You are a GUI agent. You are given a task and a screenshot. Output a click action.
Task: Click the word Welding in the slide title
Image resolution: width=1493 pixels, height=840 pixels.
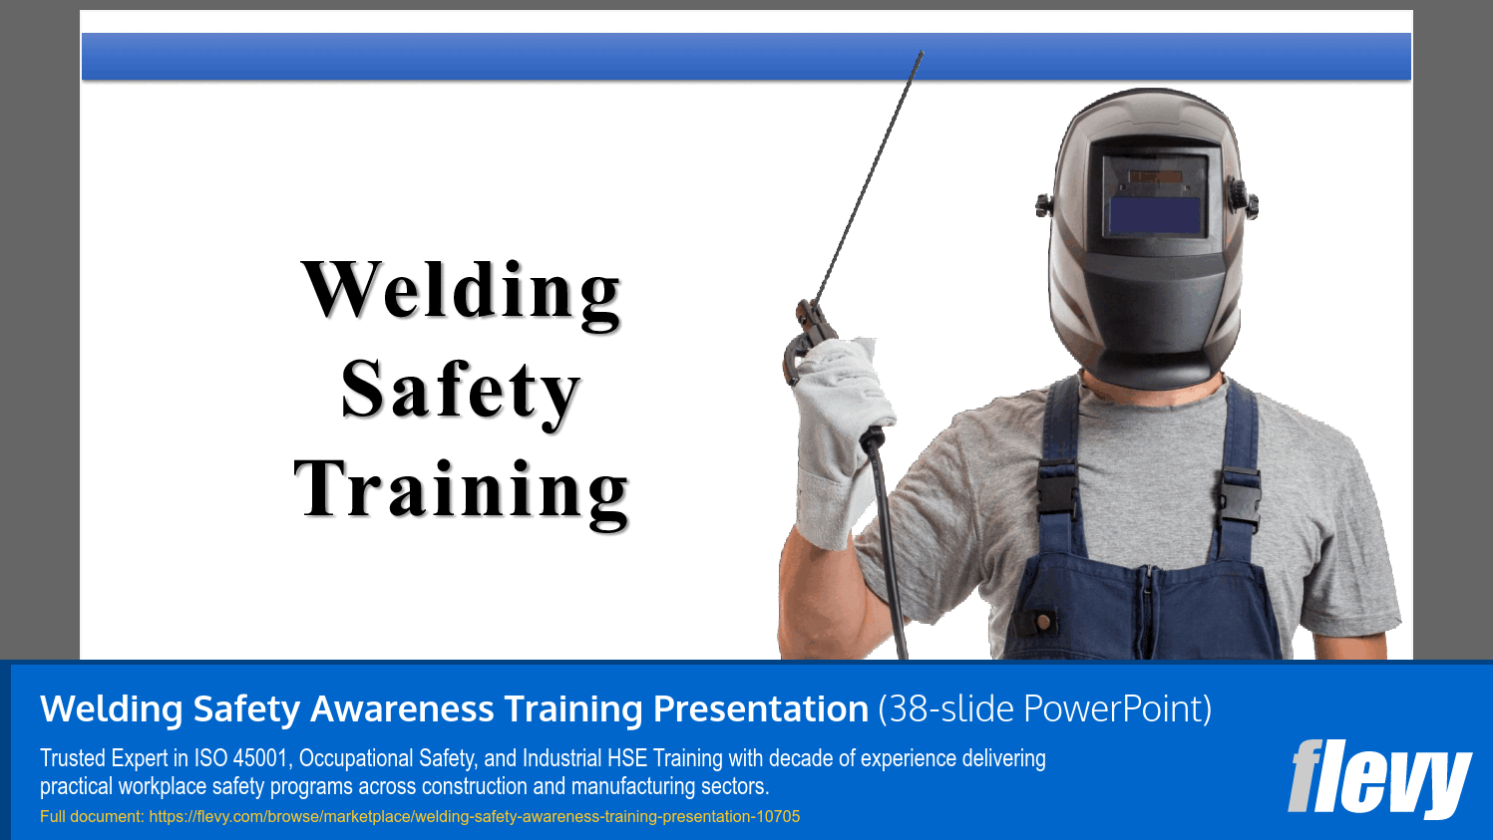coord(461,291)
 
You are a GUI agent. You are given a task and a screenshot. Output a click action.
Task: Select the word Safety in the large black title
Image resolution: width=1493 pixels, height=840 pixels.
coord(460,390)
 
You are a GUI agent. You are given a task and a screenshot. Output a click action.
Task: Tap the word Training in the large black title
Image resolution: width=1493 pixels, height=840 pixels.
coord(461,489)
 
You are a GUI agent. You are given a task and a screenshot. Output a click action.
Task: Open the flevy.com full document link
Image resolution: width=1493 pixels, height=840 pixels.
coord(474,817)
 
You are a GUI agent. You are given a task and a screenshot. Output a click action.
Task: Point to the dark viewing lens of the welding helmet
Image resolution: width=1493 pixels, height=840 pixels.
coord(1155,215)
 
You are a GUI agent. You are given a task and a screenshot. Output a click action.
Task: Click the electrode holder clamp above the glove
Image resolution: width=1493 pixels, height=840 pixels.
coord(804,339)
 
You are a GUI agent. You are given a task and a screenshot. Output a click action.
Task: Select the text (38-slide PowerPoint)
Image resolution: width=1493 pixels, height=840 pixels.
coord(1044,709)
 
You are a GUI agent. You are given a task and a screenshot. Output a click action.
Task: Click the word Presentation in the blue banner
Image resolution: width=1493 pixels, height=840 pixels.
coord(760,709)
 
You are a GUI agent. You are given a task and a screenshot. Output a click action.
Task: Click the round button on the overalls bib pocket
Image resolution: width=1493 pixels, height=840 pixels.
coord(1043,622)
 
